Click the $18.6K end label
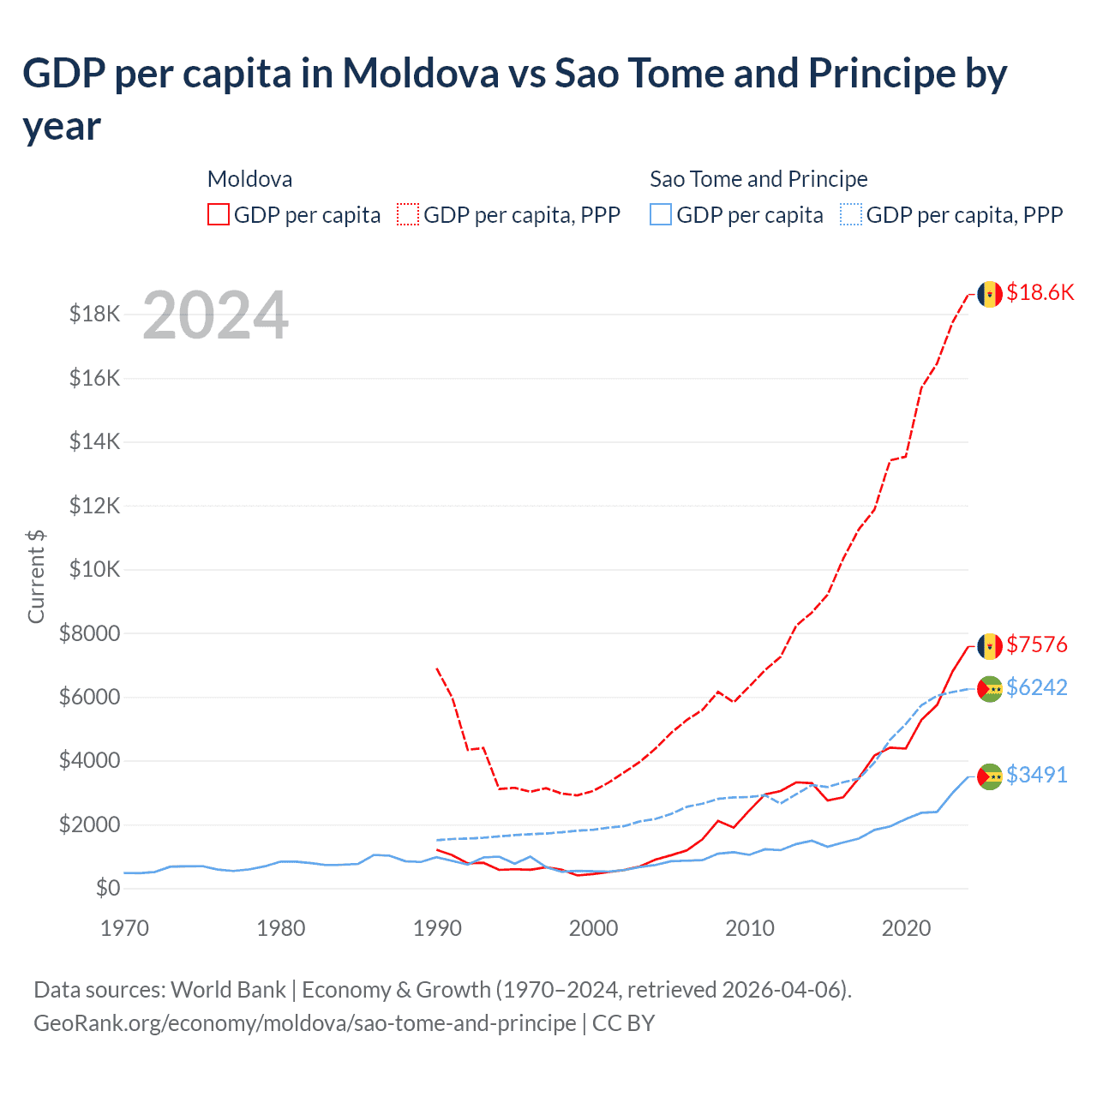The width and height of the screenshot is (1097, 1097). pyautogui.click(x=1040, y=292)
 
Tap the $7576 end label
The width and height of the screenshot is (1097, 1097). pyautogui.click(x=1037, y=644)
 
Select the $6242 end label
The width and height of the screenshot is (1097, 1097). pyautogui.click(x=1037, y=687)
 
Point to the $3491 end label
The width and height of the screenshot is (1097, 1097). pyautogui.click(x=1037, y=775)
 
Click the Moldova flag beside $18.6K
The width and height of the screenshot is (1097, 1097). pyautogui.click(x=990, y=294)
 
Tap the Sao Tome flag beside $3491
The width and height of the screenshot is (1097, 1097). pyautogui.click(x=990, y=776)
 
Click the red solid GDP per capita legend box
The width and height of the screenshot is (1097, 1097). pyautogui.click(x=219, y=214)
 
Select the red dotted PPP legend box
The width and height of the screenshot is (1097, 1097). pyautogui.click(x=408, y=214)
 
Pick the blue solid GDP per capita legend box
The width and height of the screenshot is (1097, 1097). pyautogui.click(x=661, y=214)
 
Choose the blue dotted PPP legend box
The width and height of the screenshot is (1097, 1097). pyautogui.click(x=851, y=214)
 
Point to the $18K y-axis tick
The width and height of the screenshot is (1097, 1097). pyautogui.click(x=94, y=314)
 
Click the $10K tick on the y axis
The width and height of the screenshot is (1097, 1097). pyautogui.click(x=94, y=569)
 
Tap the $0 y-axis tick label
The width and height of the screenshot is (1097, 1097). pyautogui.click(x=108, y=888)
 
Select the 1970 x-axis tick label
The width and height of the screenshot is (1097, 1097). pyautogui.click(x=125, y=928)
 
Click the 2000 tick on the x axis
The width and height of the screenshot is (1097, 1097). pyautogui.click(x=594, y=928)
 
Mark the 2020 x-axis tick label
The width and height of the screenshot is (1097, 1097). pyautogui.click(x=907, y=928)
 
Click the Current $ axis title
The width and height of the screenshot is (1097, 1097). pyautogui.click(x=36, y=576)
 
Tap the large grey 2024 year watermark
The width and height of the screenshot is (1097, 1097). pyautogui.click(x=215, y=315)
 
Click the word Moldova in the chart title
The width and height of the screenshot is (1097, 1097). pyautogui.click(x=421, y=74)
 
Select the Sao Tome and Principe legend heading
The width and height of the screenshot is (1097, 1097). pyautogui.click(x=758, y=179)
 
